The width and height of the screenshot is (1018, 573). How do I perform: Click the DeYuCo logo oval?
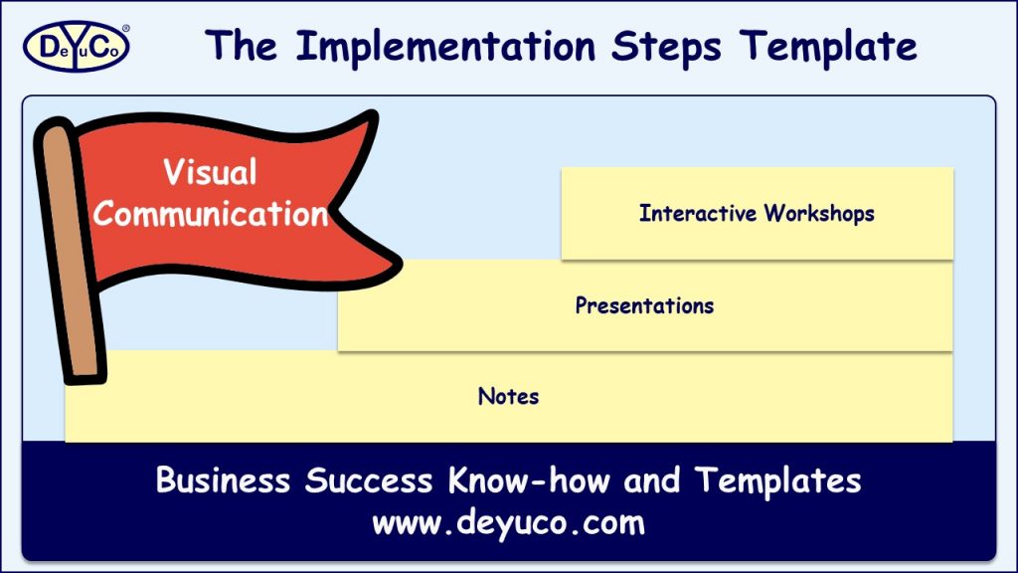76,47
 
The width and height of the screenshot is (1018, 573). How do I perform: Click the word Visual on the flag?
210,172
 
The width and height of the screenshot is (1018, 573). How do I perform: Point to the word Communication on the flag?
210,213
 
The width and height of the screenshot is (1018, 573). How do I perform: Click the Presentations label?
644,304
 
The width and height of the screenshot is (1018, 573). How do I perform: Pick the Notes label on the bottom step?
508,396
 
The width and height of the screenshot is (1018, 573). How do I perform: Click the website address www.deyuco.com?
508,522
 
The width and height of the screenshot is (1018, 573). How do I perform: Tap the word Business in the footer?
225,481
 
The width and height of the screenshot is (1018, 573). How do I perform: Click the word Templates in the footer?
777,481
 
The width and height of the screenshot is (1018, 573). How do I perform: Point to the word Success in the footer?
369,481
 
